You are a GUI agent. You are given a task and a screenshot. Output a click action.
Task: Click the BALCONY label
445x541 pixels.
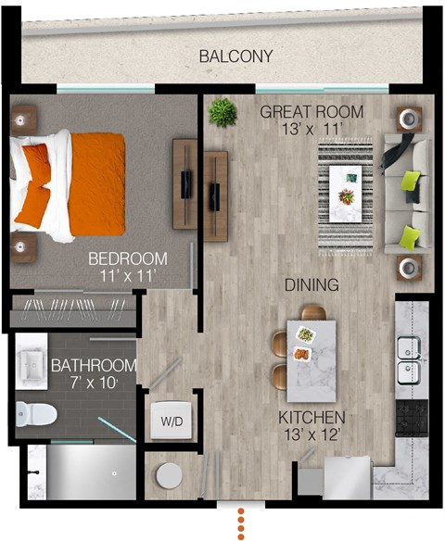(236, 57)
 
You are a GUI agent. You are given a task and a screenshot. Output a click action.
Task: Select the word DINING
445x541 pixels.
(311, 285)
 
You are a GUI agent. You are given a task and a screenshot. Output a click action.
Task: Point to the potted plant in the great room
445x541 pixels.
(222, 112)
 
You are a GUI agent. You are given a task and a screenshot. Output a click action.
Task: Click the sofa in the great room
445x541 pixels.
(407, 195)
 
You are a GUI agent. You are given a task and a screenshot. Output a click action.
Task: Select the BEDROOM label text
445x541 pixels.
(128, 258)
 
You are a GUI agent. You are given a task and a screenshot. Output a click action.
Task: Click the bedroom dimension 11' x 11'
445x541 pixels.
(128, 275)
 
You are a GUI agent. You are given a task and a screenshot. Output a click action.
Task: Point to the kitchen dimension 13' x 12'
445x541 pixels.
(311, 434)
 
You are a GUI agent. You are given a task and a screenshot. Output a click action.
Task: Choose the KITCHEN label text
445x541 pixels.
(311, 417)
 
